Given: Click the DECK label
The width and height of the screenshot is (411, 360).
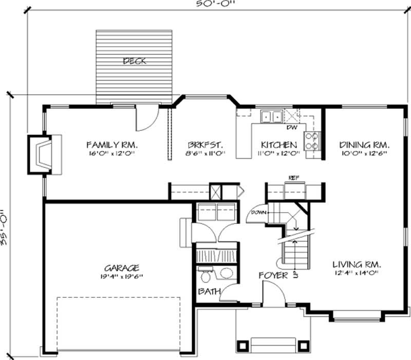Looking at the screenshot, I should [135, 61].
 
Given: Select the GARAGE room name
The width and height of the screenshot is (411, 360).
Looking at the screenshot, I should [122, 268].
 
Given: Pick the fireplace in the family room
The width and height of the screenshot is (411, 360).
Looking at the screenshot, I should [44, 153].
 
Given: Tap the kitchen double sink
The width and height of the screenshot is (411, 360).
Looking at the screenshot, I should [271, 117].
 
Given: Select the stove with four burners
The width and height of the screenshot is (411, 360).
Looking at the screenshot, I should [311, 141].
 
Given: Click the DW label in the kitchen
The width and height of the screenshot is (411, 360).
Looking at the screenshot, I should [291, 127].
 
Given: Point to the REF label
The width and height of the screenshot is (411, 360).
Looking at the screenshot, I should [293, 177].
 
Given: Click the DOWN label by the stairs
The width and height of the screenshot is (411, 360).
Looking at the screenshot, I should [257, 212].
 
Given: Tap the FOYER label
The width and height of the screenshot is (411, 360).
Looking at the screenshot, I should [273, 276].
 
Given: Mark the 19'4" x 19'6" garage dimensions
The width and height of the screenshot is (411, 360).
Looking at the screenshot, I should [122, 276].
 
